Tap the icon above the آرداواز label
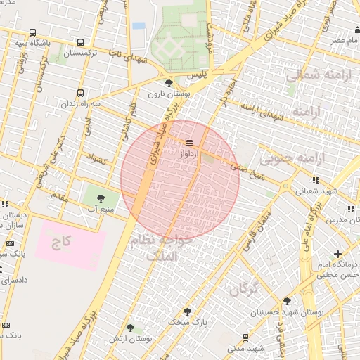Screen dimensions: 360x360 189,141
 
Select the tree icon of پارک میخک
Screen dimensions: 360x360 187,310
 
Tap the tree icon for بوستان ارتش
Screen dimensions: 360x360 130,327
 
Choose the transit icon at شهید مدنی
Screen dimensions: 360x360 245,337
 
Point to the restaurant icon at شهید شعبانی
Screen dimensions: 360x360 316,180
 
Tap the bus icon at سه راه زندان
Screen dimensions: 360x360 80,92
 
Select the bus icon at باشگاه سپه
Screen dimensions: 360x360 32,32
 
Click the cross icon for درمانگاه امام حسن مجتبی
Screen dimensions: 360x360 338,253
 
